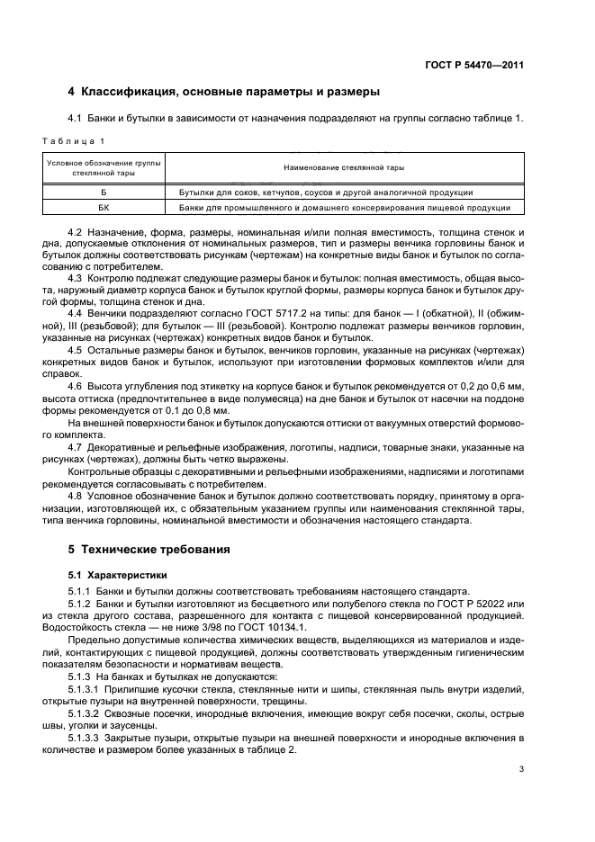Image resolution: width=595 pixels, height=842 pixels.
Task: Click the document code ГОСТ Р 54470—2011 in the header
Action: (475, 65)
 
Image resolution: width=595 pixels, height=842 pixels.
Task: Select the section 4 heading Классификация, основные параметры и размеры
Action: (224, 91)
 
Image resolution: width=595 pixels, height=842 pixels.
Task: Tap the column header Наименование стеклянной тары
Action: (344, 167)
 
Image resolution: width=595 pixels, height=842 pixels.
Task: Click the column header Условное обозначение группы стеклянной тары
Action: (104, 167)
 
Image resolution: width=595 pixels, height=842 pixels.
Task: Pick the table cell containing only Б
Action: (104, 193)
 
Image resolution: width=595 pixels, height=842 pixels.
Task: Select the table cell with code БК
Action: (104, 208)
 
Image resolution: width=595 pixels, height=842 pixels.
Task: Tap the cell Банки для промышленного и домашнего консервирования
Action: (344, 208)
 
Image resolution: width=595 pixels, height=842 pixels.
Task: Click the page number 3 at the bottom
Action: (522, 769)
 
